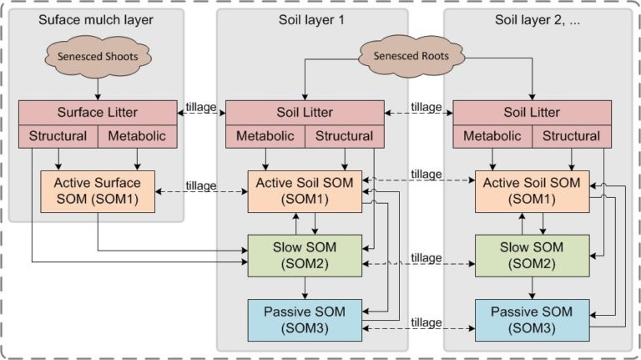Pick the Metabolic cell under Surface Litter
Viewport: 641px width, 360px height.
[x=138, y=135]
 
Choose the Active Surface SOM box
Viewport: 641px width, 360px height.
[x=98, y=190]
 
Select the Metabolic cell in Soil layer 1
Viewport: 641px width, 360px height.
[x=266, y=135]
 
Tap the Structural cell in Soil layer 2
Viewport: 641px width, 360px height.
[x=571, y=135]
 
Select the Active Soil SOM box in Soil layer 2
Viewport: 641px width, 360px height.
[x=532, y=190]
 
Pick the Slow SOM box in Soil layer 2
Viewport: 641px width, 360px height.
[x=532, y=254]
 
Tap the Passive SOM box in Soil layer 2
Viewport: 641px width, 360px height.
[x=532, y=318]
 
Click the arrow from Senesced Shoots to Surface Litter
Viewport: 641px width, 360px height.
[x=98, y=87]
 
